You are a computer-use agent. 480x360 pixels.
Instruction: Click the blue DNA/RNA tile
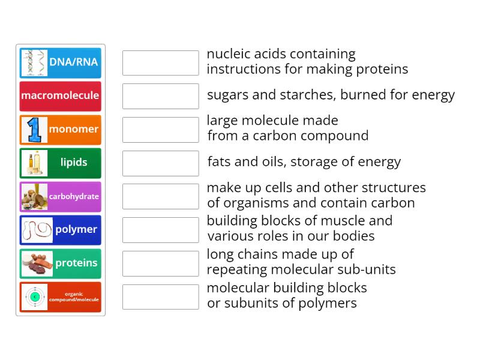point(61,62)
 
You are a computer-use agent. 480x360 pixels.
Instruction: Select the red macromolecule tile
point(61,96)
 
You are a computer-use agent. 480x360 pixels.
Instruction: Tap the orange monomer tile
point(61,130)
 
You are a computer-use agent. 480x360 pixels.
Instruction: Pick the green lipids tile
point(61,163)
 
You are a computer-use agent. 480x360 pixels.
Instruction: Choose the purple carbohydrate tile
point(61,196)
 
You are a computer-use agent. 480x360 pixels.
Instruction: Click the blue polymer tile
point(61,230)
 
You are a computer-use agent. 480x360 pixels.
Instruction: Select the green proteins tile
point(61,263)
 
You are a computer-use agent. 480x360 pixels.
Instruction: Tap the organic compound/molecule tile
point(61,297)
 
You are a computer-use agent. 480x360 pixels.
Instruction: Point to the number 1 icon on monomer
point(34,130)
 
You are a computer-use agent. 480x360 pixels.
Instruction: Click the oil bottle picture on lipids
point(34,163)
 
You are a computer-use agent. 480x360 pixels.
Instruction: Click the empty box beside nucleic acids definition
point(160,63)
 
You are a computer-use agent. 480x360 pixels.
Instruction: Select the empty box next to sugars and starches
point(160,96)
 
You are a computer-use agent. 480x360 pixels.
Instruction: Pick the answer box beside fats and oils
point(160,163)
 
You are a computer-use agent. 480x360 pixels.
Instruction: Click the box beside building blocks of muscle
point(160,230)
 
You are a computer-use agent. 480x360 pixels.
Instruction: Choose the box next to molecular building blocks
point(160,297)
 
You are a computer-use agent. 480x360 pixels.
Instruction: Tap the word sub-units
point(368,270)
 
